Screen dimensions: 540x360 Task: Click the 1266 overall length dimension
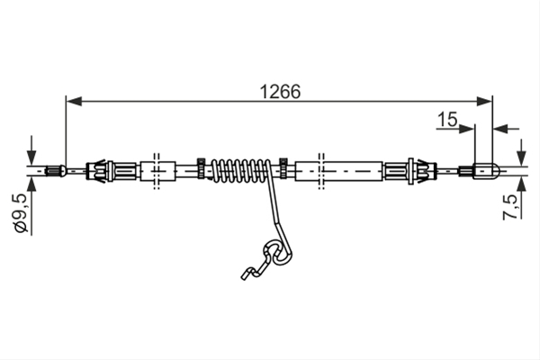(280, 92)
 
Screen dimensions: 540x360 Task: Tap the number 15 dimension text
(447, 119)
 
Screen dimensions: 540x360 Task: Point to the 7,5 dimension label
(510, 207)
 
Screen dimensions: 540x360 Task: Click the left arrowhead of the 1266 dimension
(74, 102)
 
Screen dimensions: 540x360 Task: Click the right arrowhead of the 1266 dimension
(484, 102)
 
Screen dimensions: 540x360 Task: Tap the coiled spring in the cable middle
(240, 170)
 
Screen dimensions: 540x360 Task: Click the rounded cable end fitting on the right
(485, 170)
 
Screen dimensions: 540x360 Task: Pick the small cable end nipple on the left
(56, 170)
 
